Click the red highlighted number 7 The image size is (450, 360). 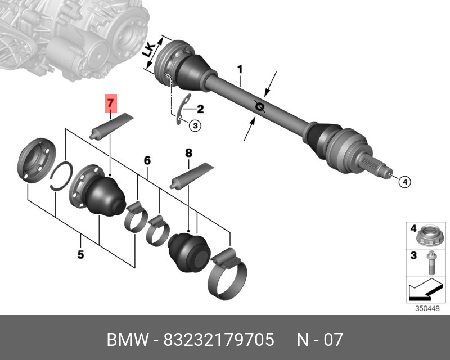pos(111,103)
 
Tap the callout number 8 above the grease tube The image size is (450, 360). pos(188,153)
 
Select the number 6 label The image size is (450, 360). pos(147,160)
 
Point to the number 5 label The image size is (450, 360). pos(80,254)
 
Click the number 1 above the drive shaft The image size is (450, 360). pos(240,70)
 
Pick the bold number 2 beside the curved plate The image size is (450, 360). pos(200,109)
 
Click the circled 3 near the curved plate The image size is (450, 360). pos(195,125)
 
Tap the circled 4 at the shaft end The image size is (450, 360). pos(404,182)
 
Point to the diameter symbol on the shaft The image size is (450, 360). pos(260,107)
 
